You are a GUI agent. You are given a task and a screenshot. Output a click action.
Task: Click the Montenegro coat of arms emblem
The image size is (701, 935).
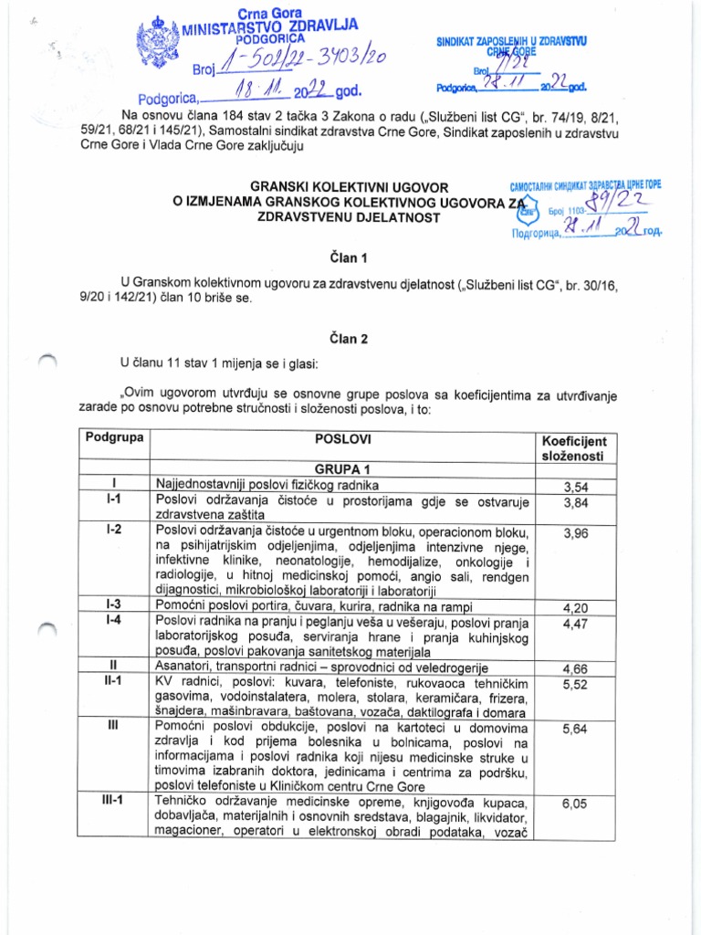coord(160,41)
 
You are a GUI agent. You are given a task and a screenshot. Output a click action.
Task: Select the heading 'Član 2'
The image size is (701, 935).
coord(350,338)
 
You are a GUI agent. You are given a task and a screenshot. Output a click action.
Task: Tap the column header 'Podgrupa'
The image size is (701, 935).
coord(113,437)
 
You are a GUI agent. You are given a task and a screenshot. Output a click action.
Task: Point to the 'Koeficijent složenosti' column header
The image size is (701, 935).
coord(574,447)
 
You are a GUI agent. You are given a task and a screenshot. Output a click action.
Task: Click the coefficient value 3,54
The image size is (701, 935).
coord(574,486)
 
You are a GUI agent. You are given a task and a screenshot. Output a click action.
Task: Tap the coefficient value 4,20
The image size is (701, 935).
coord(574,604)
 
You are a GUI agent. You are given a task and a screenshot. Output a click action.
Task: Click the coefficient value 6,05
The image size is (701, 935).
coord(574,804)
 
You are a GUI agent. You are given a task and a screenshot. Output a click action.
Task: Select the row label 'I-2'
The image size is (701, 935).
coord(113,530)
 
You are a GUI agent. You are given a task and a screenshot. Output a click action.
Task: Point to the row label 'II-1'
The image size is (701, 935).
coord(113,680)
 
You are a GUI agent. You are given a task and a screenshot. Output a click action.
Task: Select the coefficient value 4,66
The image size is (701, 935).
coord(574,667)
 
